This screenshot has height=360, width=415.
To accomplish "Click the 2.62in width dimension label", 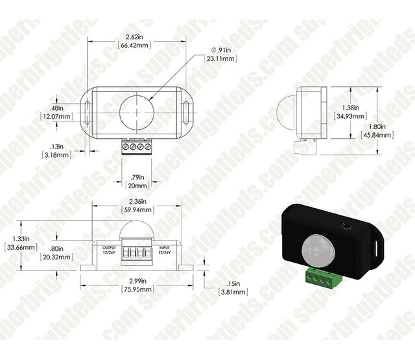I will coord(135,38).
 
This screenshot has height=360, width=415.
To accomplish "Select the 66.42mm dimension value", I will coord(135,47).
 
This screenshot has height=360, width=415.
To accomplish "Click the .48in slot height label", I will coord(56,108).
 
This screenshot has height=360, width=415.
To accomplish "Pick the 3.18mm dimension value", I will coord(57,156).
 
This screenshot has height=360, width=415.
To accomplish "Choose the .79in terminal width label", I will coord(137,176).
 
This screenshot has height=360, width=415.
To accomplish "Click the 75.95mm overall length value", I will coord(137,291).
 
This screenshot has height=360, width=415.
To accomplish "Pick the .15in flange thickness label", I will coord(233,283).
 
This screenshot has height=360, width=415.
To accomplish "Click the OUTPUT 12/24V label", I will coord(109,250).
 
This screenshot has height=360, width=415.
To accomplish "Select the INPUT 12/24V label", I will coord(165,250).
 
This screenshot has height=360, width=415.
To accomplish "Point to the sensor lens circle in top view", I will coord(137,111).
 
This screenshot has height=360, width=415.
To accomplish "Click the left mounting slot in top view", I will coord(86,111).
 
